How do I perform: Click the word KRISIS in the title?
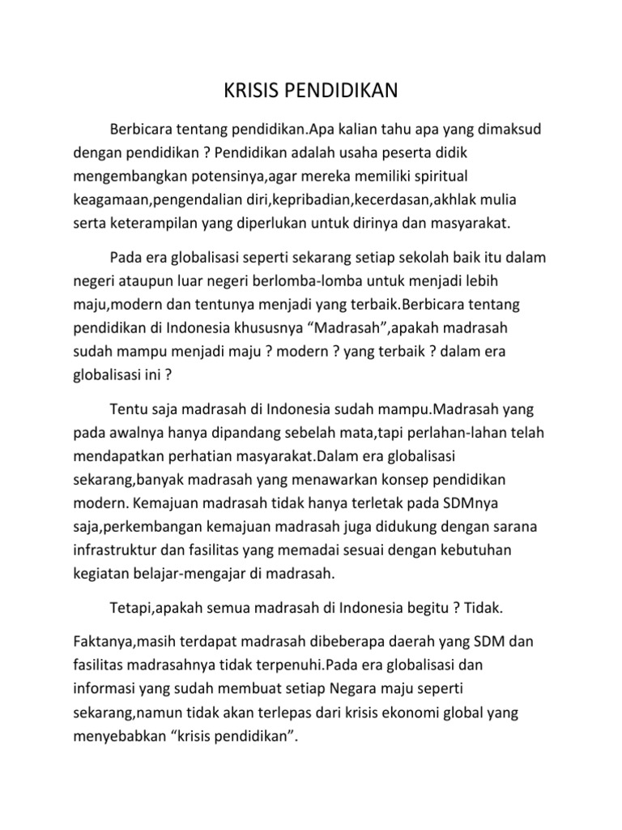point(250,92)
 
